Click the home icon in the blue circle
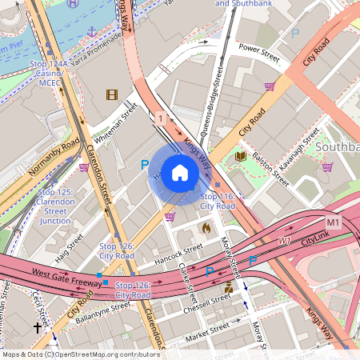click(180, 173)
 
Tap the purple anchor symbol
click(92, 31)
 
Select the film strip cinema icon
click(111, 95)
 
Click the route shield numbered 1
click(162, 118)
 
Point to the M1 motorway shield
click(334, 221)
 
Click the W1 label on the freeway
click(284, 240)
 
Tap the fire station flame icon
click(206, 228)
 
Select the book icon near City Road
click(241, 157)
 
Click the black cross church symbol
click(37, 327)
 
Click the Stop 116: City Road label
click(217, 201)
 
